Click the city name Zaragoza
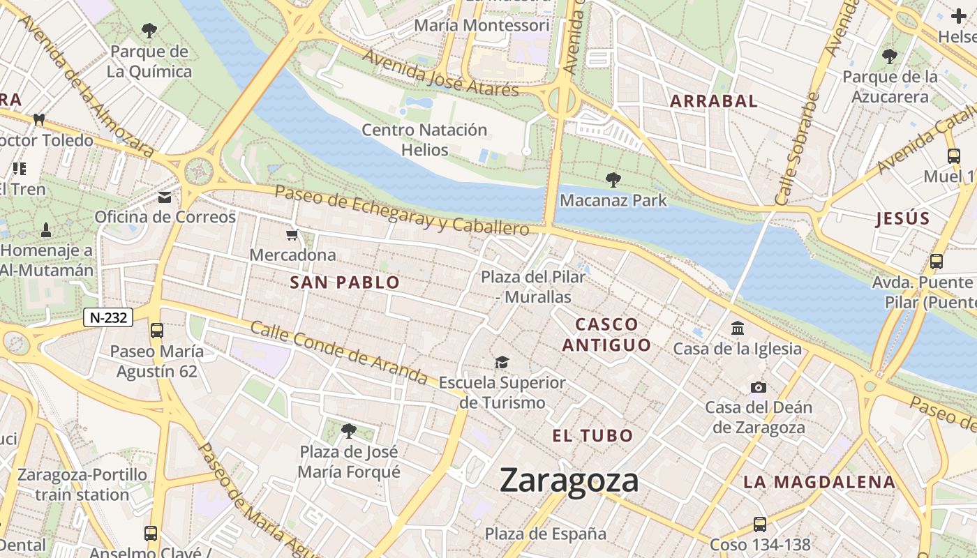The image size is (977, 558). (x=569, y=481)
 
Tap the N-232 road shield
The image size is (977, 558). (x=108, y=317)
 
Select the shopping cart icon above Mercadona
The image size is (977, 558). (x=292, y=235)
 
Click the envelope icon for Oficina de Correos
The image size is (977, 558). (x=165, y=197)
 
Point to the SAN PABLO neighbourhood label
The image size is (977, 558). (x=345, y=282)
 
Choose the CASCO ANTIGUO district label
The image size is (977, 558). (x=606, y=335)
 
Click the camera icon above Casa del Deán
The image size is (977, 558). (x=758, y=387)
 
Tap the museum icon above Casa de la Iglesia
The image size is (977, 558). (x=738, y=328)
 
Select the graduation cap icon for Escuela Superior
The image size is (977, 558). (x=502, y=362)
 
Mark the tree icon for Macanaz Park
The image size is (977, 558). (x=613, y=180)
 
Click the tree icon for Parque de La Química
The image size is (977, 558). (x=149, y=30)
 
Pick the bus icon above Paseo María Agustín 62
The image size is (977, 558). (x=157, y=331)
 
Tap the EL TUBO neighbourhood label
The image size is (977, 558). (x=592, y=437)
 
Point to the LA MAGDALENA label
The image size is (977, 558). (x=819, y=482)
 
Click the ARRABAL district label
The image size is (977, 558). (x=713, y=101)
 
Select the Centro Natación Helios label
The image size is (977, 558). (x=424, y=139)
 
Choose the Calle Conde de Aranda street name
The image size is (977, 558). (x=338, y=353)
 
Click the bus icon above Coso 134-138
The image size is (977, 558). (x=760, y=524)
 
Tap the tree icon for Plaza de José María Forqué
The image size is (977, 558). (x=349, y=431)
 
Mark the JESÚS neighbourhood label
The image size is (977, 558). (x=902, y=218)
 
